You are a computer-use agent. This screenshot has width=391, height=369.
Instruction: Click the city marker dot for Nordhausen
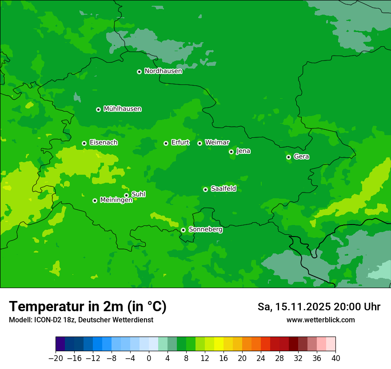[x=139, y=72]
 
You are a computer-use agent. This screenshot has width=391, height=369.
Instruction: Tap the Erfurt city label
[x=180, y=143]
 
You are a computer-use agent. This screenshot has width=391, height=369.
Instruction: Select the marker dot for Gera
[x=288, y=157]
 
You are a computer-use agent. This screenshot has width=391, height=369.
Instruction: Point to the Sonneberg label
[x=205, y=229]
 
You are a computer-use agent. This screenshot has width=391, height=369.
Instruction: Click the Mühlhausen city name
[x=122, y=109]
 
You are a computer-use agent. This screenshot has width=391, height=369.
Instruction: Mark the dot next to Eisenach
[x=84, y=143]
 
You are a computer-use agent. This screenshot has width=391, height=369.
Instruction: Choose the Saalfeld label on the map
[x=223, y=189]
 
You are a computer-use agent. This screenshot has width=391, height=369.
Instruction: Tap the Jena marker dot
[x=231, y=152]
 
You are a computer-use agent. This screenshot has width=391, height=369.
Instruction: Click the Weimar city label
[x=217, y=143]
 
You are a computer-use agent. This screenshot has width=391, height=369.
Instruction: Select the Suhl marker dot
[x=126, y=195]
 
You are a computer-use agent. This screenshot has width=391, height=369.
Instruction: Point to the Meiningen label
[x=116, y=200]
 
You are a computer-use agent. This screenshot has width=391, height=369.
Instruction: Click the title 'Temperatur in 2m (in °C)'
[x=88, y=307]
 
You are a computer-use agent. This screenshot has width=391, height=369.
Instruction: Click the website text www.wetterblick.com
[x=320, y=320]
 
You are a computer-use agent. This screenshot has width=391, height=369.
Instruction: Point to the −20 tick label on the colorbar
[x=56, y=358]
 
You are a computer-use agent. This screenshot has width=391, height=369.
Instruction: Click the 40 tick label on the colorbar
[x=335, y=358]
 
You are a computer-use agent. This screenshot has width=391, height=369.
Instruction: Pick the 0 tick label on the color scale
[x=149, y=358]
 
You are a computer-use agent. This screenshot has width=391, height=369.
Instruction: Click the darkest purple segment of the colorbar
[x=60, y=344]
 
